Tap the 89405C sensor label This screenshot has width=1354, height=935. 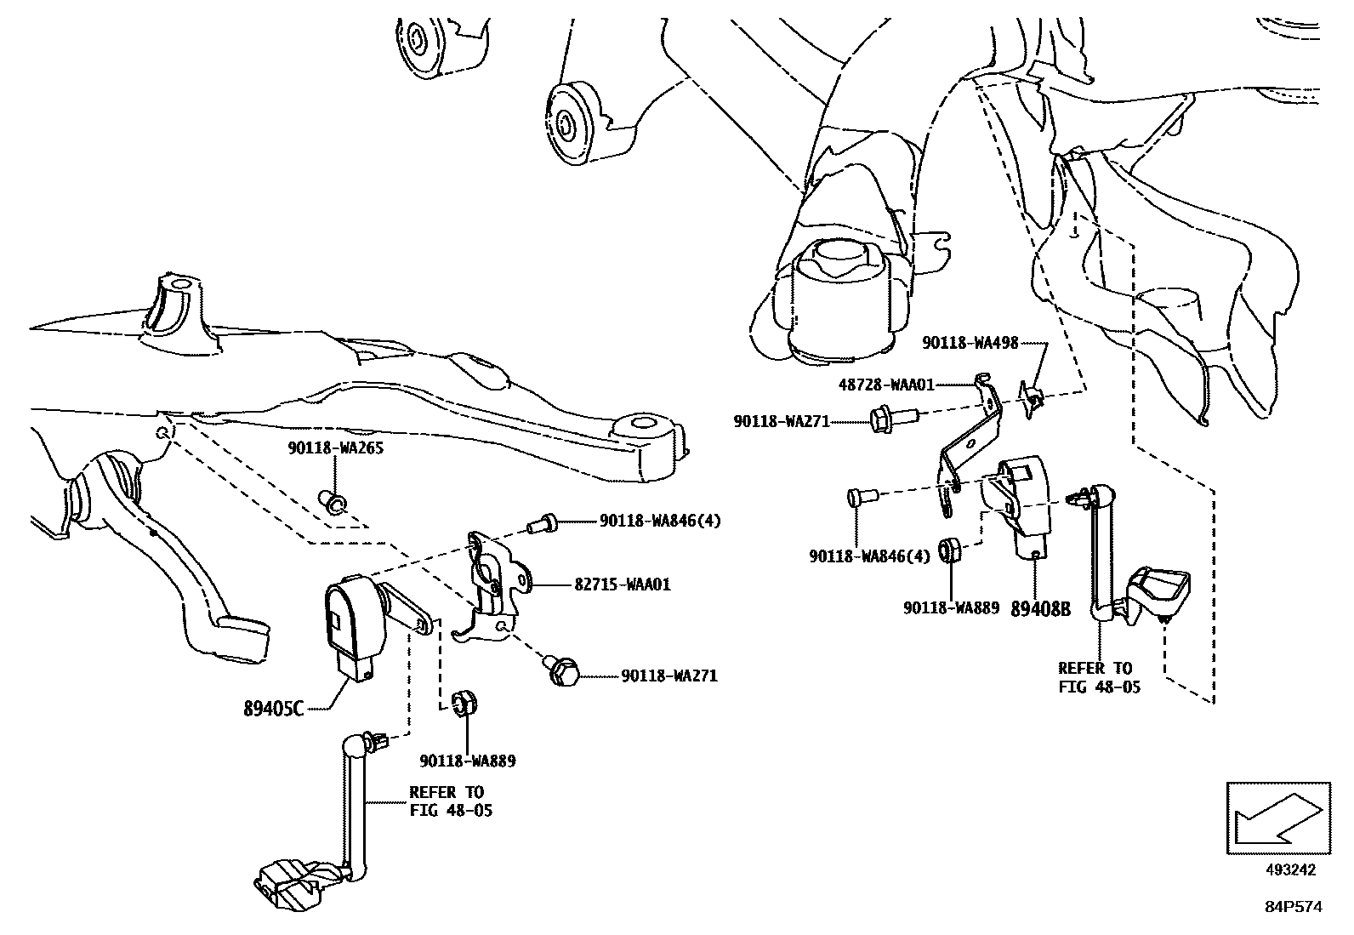(x=273, y=708)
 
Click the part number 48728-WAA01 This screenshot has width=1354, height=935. (x=885, y=385)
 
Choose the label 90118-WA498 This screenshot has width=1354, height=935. (x=970, y=343)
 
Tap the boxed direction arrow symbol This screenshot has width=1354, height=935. (x=1277, y=818)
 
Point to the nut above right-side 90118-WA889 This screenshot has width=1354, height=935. (x=950, y=550)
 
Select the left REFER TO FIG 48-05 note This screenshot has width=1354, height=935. (x=450, y=801)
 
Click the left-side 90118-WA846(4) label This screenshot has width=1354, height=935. (x=659, y=521)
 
